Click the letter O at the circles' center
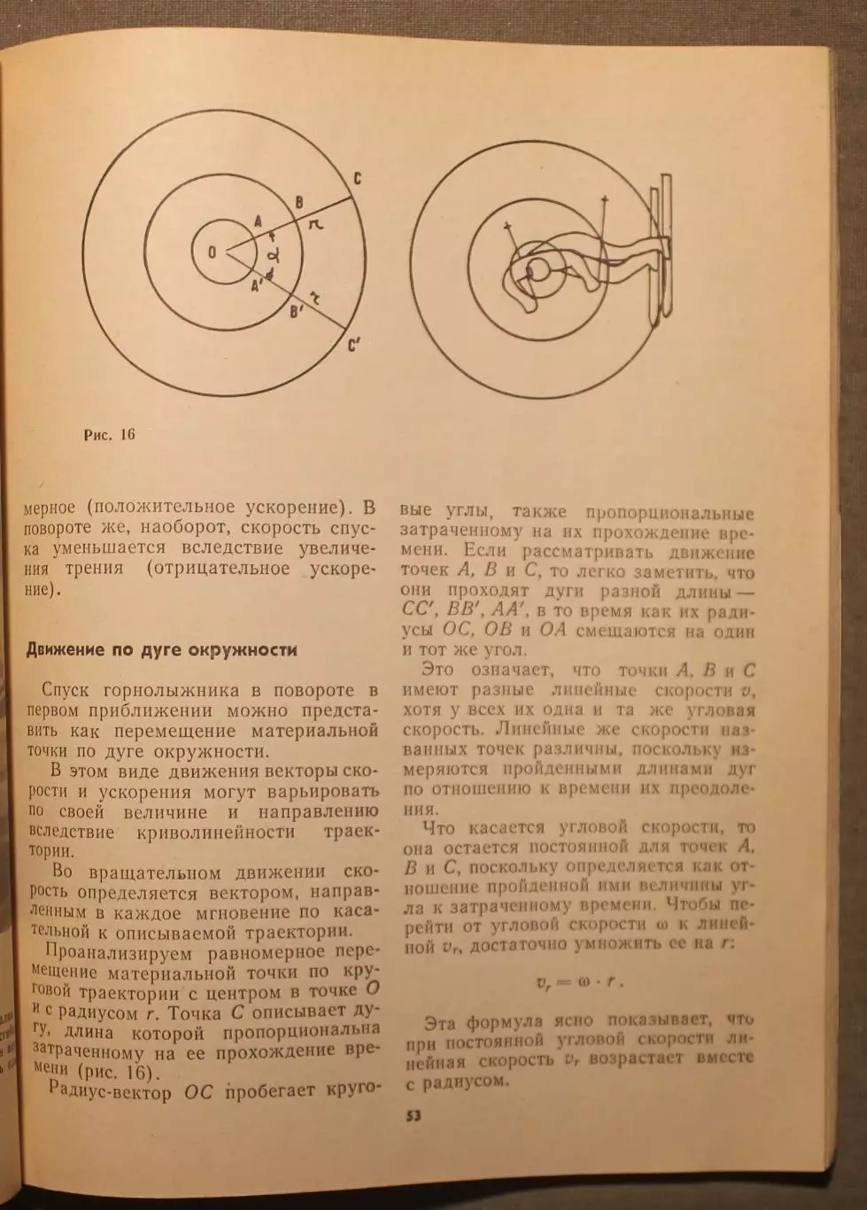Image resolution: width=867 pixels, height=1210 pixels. coord(212,252)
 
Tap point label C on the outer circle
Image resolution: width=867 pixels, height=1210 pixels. coord(356,179)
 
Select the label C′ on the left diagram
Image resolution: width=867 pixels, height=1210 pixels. coord(354,345)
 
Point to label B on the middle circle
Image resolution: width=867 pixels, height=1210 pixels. coord(299,202)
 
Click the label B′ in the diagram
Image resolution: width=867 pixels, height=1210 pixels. coord(298,311)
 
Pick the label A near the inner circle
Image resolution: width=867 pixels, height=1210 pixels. coord(258,221)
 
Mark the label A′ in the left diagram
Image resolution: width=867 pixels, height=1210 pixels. coord(257,285)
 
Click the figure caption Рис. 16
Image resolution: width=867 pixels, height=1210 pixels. coord(109,435)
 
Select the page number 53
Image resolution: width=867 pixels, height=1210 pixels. coord(414,1115)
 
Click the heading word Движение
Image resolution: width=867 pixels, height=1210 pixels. coord(66,650)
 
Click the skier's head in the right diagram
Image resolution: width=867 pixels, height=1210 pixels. coord(537,270)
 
